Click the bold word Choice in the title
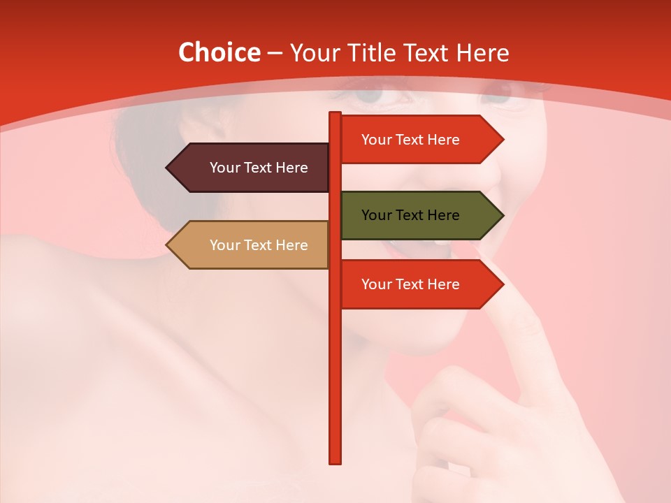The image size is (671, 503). click(219, 52)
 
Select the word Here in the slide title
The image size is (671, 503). click(482, 52)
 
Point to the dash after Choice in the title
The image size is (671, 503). click(275, 53)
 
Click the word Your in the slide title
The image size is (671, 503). click(315, 52)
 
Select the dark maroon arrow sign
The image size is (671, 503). click(248, 168)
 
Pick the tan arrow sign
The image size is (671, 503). click(248, 245)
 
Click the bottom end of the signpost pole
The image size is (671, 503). click(335, 461)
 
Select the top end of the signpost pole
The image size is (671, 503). click(335, 114)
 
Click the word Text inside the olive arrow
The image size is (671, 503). click(410, 215)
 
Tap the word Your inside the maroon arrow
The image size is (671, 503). click(224, 168)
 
